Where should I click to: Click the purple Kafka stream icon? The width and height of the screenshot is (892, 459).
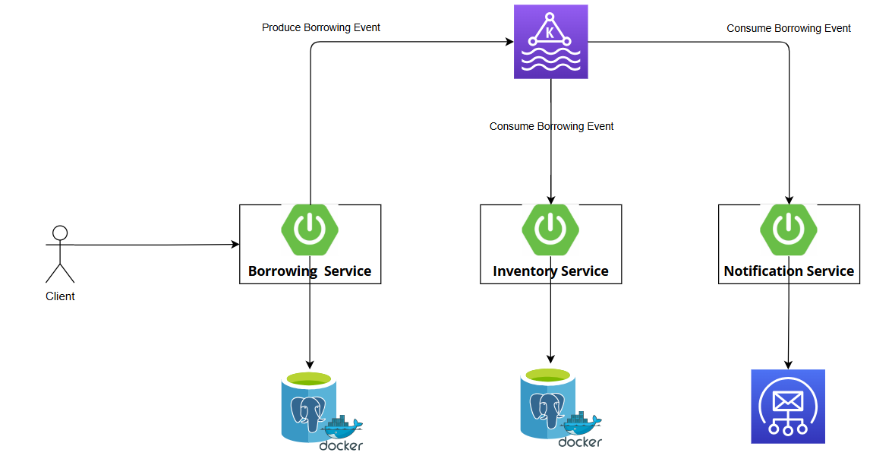point(550,42)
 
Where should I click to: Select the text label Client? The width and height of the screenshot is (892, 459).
point(60,296)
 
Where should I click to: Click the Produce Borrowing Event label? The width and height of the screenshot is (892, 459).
point(321,27)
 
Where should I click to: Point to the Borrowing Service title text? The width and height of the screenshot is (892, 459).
point(310,271)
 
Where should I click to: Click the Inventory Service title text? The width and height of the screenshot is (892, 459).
point(550,271)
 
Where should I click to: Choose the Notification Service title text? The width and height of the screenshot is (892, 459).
point(789,271)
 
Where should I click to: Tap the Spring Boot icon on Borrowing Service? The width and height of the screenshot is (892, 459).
point(310,228)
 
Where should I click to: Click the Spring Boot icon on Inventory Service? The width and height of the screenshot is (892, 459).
point(550,228)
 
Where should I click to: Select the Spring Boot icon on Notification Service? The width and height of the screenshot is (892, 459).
point(789,228)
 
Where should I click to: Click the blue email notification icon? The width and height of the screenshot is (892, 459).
point(788,407)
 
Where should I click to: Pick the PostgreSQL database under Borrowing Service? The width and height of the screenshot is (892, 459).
point(308,407)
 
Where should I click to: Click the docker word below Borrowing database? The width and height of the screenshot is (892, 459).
point(341,446)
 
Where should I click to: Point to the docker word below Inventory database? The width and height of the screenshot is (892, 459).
point(580,442)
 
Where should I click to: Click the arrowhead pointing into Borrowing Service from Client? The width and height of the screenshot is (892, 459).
point(235,245)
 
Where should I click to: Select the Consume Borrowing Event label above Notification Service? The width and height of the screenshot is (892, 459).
point(789,28)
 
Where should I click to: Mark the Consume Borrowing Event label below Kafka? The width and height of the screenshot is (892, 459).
point(551,126)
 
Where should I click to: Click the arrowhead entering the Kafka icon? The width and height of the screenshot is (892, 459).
point(509,42)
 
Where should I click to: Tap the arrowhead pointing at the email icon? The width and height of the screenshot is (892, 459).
point(788,365)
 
